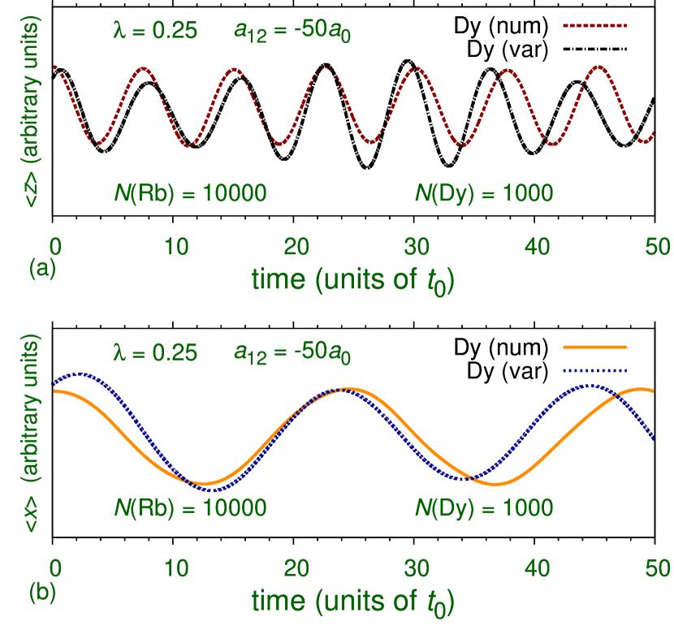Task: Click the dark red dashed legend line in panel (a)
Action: [x=594, y=26]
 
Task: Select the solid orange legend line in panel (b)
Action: [x=594, y=347]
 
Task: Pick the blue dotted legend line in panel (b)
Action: [x=594, y=370]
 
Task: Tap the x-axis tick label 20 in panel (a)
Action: [x=296, y=246]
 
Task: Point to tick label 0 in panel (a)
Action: [x=55, y=246]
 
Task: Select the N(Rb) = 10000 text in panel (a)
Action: [x=190, y=194]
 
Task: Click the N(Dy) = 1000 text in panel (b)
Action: [x=484, y=509]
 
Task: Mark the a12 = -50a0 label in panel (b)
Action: [x=292, y=353]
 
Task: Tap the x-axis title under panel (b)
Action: [x=352, y=602]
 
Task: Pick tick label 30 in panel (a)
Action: [x=417, y=246]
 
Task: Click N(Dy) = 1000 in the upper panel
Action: [x=484, y=194]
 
